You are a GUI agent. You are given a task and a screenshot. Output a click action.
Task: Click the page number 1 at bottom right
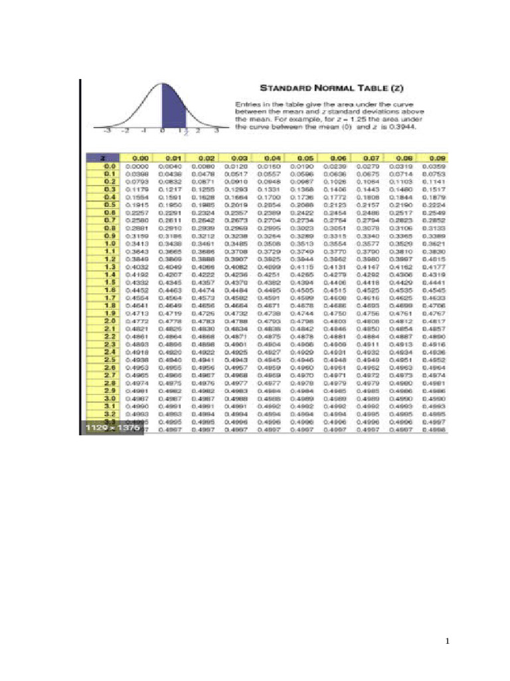448,641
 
